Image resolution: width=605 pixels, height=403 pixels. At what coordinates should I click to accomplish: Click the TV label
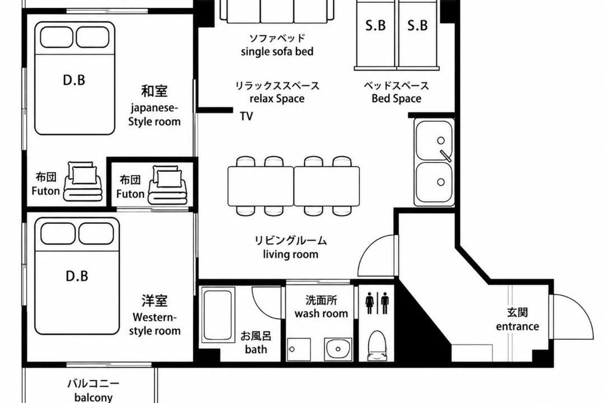point(246,116)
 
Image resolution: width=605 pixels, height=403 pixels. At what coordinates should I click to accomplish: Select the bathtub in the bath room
point(217,315)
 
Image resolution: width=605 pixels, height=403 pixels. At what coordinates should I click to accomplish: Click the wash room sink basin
point(338,349)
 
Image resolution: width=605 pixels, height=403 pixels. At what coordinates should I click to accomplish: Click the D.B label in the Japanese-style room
point(74,80)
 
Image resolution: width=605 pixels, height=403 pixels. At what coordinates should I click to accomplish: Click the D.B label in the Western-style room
point(77,276)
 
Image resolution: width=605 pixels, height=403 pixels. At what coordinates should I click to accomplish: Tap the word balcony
point(94,397)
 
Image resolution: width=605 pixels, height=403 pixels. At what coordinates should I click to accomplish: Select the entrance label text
point(518,326)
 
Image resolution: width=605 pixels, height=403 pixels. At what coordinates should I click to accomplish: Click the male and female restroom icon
point(377,303)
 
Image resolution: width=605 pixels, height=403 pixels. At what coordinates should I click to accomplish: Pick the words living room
point(291,254)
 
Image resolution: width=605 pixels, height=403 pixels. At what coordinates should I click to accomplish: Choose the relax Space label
point(277,99)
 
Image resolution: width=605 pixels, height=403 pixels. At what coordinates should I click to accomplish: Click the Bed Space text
point(396,99)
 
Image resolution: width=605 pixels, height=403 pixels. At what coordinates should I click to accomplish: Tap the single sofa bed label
point(277,51)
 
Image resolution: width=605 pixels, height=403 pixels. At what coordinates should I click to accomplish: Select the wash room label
point(322,313)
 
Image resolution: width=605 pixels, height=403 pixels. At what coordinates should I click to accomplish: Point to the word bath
point(256,349)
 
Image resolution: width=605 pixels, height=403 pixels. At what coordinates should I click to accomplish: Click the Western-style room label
point(155,324)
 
